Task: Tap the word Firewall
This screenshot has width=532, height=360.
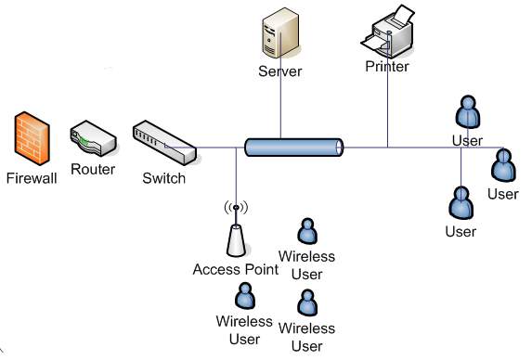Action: pos(31,176)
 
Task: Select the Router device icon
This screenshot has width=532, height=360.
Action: pos(92,140)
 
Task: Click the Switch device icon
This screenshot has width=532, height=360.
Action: pos(162,142)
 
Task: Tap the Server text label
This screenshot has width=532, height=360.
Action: pos(279,71)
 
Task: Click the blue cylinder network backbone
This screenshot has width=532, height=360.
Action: pos(293,147)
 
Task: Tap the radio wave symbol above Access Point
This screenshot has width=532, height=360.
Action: pos(236,208)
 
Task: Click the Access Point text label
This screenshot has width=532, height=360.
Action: pos(236,270)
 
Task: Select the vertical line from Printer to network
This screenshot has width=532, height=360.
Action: pos(388,111)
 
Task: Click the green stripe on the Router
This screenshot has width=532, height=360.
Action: pos(85,142)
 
